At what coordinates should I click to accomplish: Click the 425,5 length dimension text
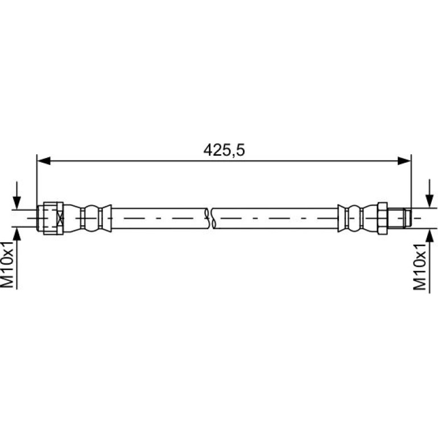click(224, 150)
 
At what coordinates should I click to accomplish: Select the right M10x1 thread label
click(419, 267)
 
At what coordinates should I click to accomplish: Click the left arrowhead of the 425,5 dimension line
click(44, 160)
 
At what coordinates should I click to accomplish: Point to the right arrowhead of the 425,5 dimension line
click(404, 160)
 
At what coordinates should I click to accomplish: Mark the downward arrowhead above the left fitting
click(16, 203)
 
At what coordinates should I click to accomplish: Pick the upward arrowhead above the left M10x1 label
click(16, 234)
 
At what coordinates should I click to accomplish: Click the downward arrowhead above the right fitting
click(429, 201)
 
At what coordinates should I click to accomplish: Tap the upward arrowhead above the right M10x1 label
click(429, 235)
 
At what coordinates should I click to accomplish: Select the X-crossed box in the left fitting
click(60, 218)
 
